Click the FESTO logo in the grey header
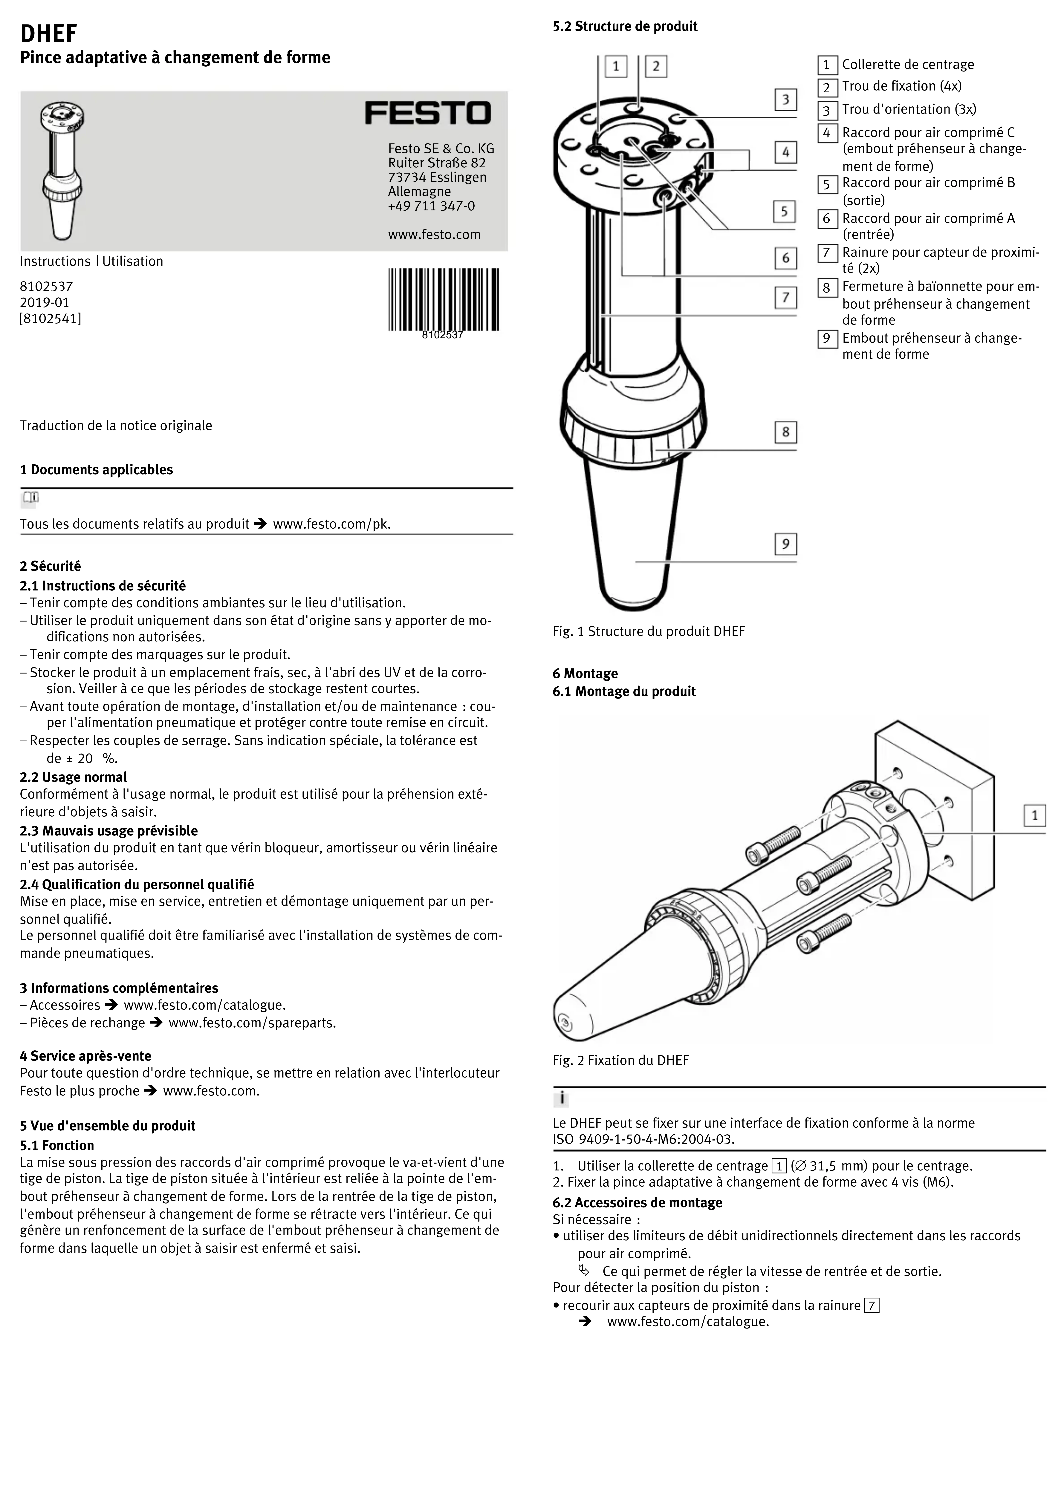(x=428, y=113)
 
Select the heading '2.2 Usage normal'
(x=74, y=777)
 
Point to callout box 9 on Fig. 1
(x=785, y=544)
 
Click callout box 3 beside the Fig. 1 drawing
(x=785, y=100)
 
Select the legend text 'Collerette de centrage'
(x=908, y=64)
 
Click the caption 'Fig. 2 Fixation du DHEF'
(x=620, y=1061)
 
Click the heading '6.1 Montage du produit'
(x=624, y=691)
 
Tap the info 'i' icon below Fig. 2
(x=562, y=1099)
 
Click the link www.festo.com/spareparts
(x=252, y=1023)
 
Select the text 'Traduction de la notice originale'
(x=116, y=426)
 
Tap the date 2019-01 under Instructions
(x=45, y=302)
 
